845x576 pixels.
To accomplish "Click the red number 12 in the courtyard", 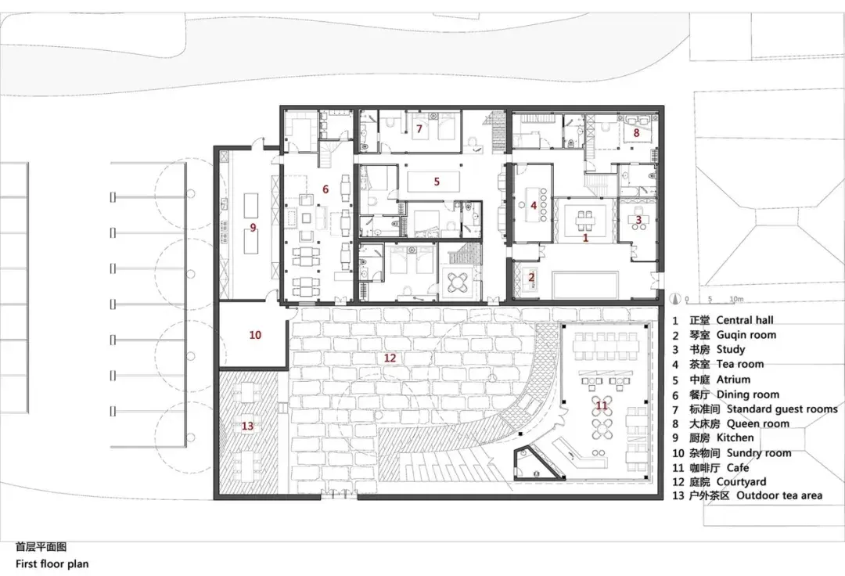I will pos(390,358).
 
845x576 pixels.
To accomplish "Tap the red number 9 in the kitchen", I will pos(253,228).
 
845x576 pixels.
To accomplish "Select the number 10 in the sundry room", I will pos(255,335).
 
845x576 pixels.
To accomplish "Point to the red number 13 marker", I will pos(248,426).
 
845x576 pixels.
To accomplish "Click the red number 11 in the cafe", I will pos(602,405).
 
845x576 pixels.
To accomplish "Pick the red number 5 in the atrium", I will pos(437,182).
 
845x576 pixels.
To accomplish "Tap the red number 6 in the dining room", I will pos(325,189).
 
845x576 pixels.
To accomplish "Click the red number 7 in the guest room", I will pos(419,128).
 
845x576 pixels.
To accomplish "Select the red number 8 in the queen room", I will pos(636,133).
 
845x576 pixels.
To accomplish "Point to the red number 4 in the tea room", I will pos(534,206).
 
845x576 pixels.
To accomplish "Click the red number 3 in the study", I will pos(638,220).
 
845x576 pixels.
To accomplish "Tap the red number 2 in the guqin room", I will pos(531,276).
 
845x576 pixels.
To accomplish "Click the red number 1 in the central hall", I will pos(585,237).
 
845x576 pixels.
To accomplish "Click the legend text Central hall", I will pos(744,320).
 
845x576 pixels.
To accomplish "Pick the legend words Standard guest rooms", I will pos(782,409).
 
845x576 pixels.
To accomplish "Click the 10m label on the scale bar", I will pos(735,299).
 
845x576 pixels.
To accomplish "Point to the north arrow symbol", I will pos(675,297).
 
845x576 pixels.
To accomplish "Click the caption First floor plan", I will pos(52,563).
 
